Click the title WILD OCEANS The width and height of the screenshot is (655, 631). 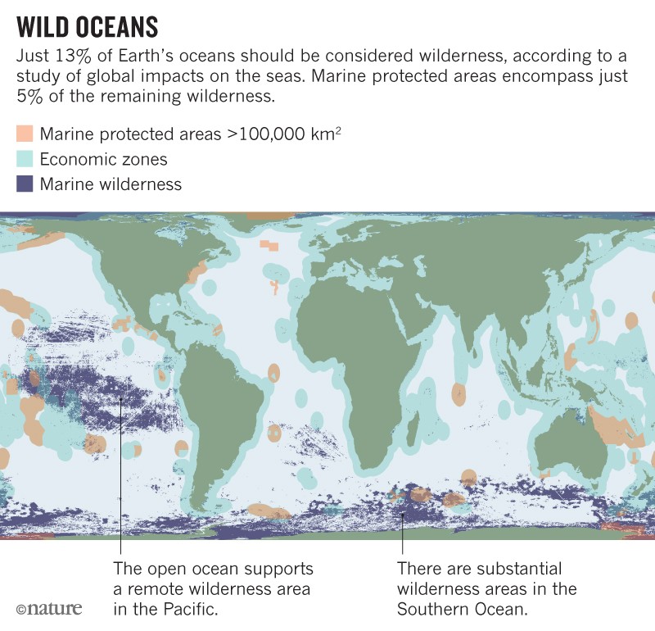pyautogui.click(x=86, y=27)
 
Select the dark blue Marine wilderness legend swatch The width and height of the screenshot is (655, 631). pyautogui.click(x=25, y=184)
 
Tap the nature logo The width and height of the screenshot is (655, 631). pyautogui.click(x=48, y=609)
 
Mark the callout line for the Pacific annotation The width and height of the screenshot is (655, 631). pyautogui.click(x=121, y=492)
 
